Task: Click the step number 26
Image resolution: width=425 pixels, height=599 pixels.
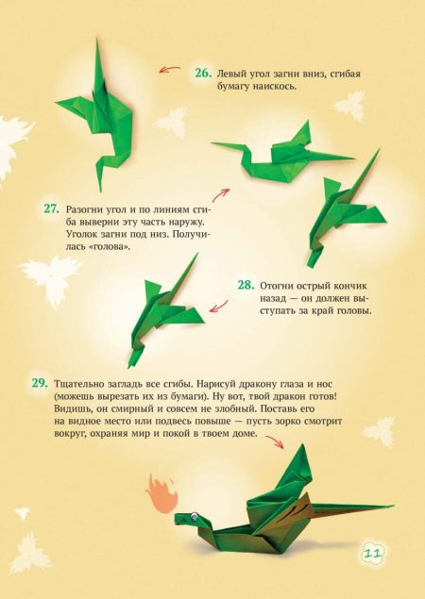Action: (203, 73)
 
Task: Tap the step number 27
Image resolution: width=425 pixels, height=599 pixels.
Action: (52, 209)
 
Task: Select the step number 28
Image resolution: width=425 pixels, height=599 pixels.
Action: (246, 285)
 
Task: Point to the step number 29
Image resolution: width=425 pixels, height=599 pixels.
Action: (40, 383)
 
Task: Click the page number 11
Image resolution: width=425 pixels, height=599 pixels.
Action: (370, 554)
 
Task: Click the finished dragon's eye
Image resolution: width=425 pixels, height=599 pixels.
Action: (195, 518)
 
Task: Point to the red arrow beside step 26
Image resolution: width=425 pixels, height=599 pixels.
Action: (170, 70)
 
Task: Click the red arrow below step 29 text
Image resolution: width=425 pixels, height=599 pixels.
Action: (275, 442)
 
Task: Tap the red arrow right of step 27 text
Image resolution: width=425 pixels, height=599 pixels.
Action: (221, 195)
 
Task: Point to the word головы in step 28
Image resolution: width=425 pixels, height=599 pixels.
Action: (354, 310)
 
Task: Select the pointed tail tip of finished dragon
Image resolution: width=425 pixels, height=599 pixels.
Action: (393, 506)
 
